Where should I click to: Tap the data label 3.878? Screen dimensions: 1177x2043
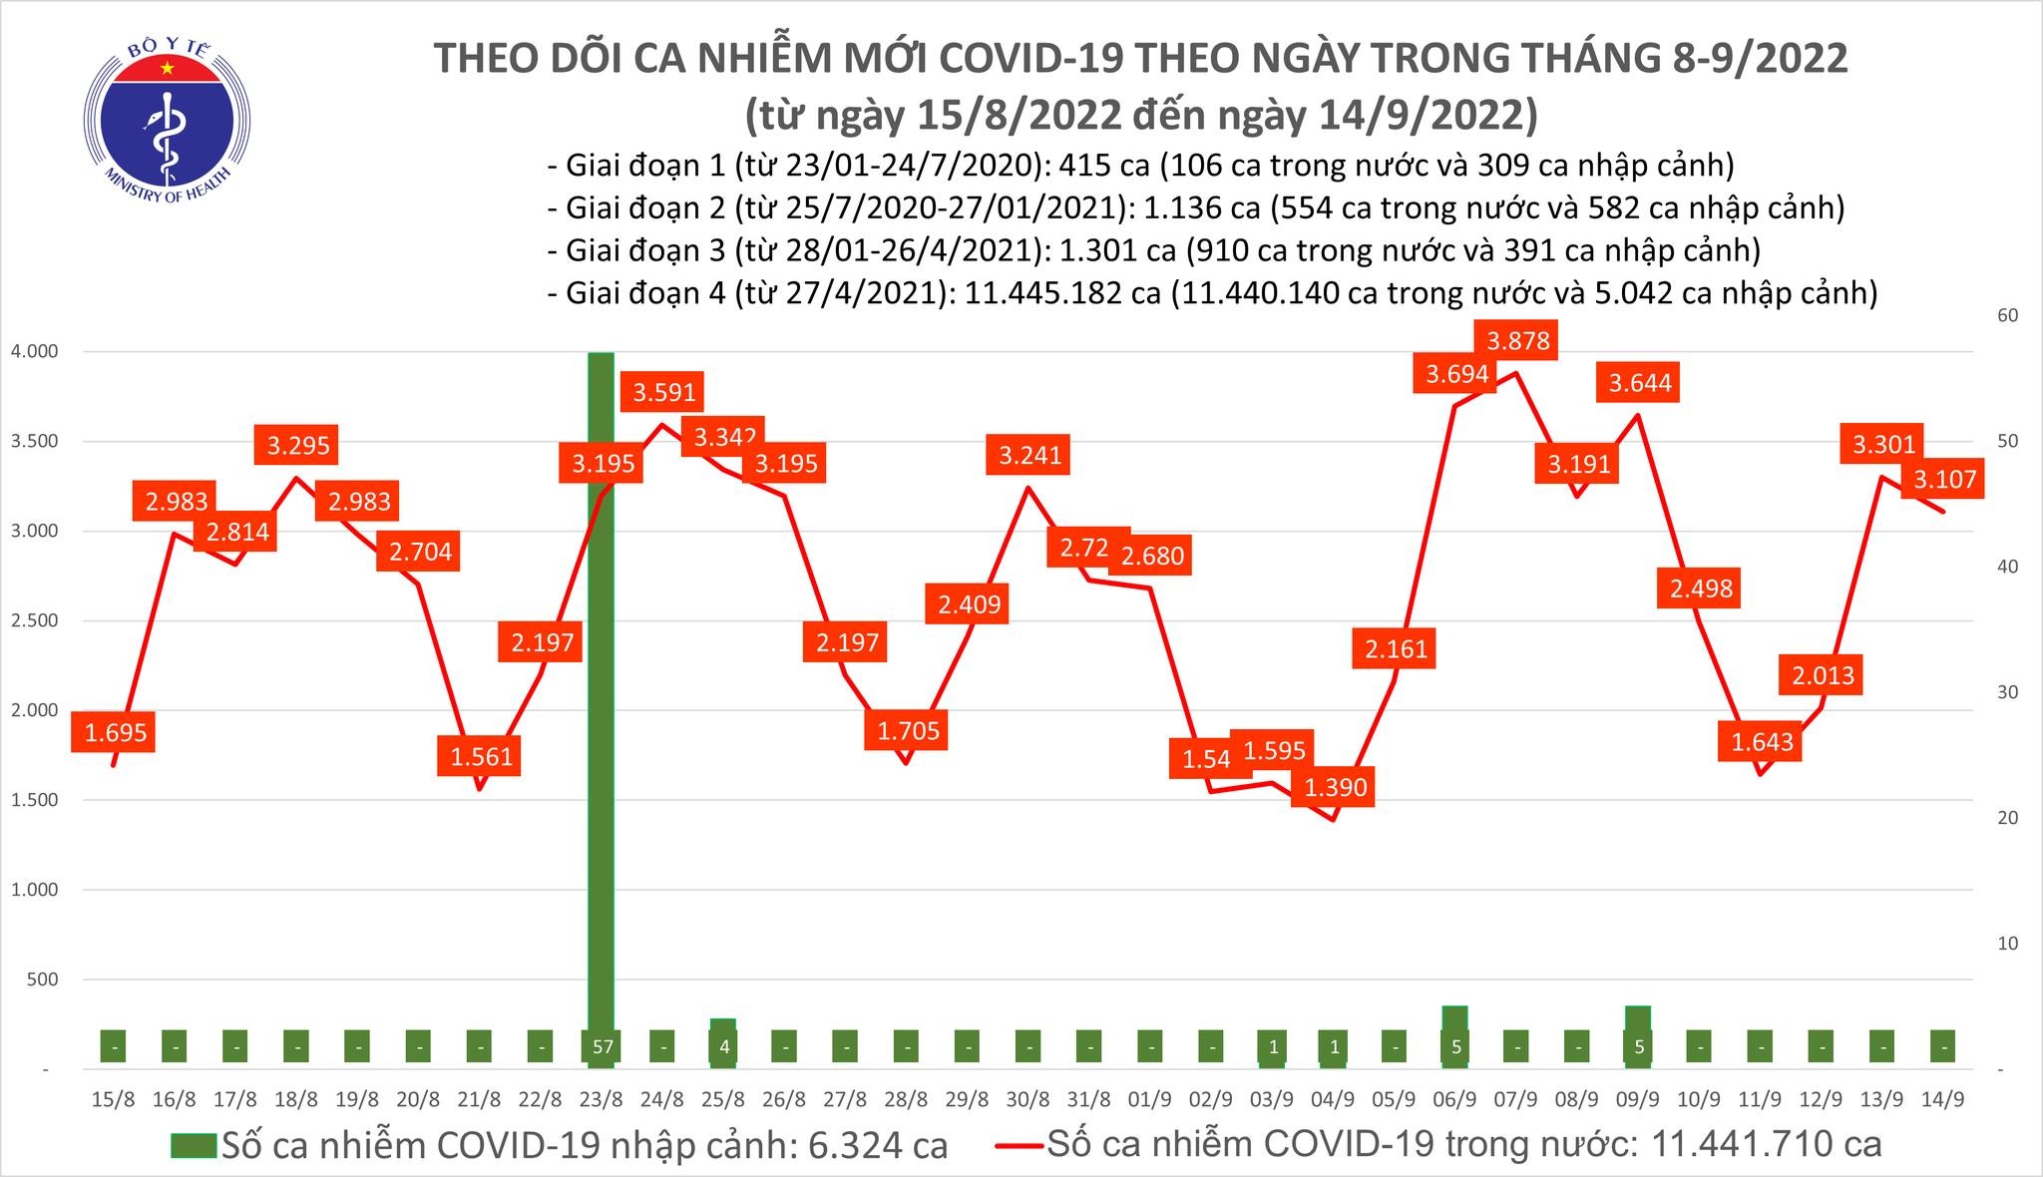click(1518, 341)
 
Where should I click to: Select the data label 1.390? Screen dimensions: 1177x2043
click(1336, 788)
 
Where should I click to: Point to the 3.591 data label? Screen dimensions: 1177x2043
click(664, 392)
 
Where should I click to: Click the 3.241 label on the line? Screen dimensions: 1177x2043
click(1030, 456)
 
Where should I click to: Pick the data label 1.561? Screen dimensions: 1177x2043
click(481, 756)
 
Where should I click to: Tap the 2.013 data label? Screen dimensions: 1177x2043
click(1823, 676)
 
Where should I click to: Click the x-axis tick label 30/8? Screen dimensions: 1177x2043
click(1027, 1100)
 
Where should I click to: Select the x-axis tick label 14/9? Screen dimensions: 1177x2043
click(1942, 1100)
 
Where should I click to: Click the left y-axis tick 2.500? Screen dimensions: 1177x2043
click(35, 620)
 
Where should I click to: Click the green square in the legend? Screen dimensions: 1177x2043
click(192, 1145)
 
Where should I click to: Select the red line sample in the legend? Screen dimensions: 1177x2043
click(1020, 1145)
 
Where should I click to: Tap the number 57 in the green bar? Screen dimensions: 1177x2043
click(601, 1048)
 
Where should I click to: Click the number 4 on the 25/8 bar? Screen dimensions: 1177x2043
click(724, 1048)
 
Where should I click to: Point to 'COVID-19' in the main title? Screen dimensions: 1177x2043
click(1011, 58)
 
